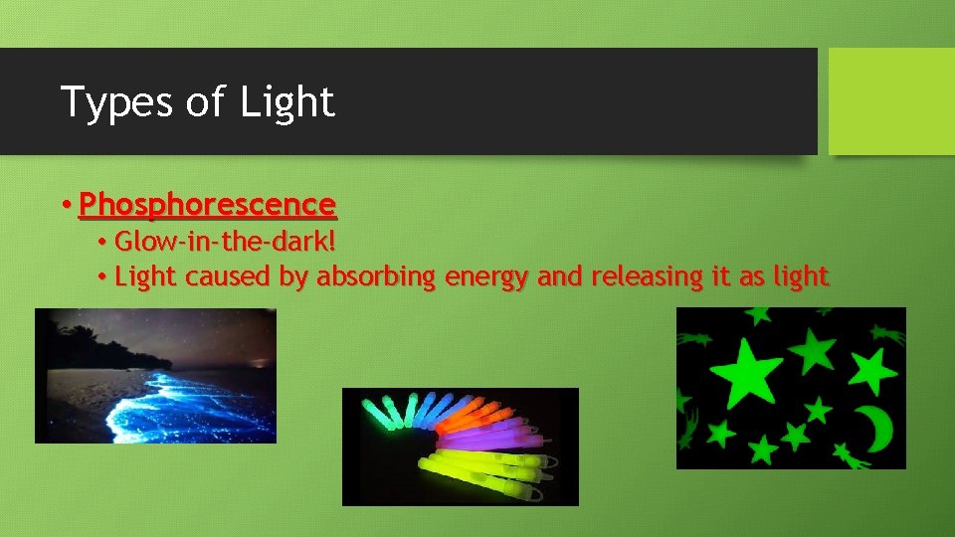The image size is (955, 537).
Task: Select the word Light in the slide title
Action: click(x=286, y=101)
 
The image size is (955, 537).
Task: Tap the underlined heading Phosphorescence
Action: click(x=207, y=205)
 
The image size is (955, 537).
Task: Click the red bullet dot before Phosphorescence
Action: click(x=65, y=206)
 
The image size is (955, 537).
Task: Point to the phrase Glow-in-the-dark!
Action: click(x=225, y=242)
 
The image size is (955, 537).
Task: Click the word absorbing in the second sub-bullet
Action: click(x=376, y=276)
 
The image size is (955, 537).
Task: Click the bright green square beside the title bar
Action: click(x=891, y=101)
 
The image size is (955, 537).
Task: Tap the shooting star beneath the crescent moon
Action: click(x=851, y=456)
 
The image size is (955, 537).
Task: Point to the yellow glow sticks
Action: click(x=487, y=467)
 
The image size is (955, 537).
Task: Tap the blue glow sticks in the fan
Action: click(x=423, y=406)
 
